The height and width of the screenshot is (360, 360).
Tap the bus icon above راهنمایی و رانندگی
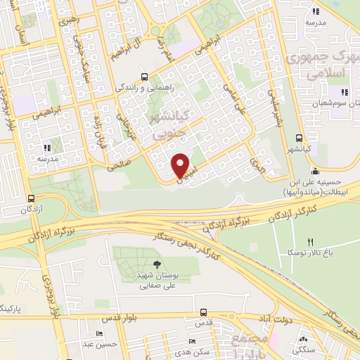[144, 77]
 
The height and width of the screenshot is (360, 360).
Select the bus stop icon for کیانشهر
[300, 137]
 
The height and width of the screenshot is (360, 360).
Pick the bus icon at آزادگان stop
[30, 198]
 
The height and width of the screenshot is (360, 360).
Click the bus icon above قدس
[203, 311]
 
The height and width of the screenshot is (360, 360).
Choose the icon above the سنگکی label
[303, 339]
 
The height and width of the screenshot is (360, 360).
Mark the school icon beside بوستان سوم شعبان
[345, 92]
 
